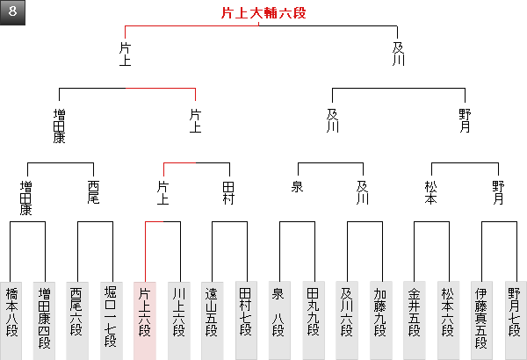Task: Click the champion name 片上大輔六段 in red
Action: point(263,13)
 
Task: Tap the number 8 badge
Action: point(13,12)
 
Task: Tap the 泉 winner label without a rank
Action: point(297,186)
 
